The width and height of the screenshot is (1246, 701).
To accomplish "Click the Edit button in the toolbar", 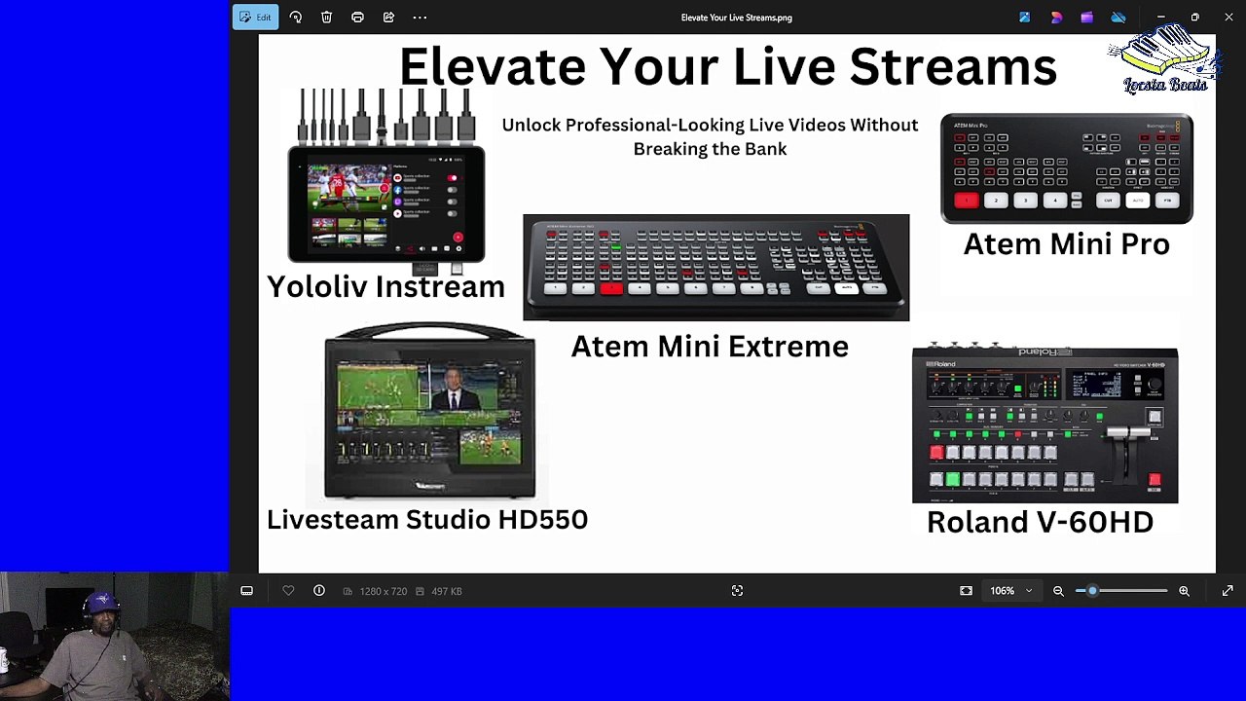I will click(x=255, y=18).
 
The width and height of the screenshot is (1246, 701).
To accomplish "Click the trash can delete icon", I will click(x=327, y=18).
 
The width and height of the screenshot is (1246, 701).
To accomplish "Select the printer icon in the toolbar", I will click(x=357, y=18).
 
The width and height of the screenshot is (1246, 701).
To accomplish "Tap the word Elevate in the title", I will click(x=491, y=66).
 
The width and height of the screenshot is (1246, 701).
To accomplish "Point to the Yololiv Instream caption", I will click(x=385, y=286).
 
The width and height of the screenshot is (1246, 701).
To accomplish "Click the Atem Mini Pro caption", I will click(x=1066, y=244).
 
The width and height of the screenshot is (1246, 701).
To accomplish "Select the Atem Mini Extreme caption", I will click(x=710, y=347).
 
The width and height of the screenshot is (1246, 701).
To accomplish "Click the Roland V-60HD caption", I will click(x=1040, y=522).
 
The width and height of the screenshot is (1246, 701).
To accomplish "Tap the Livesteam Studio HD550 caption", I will click(x=427, y=519).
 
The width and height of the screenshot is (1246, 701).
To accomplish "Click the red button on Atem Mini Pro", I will click(x=966, y=201).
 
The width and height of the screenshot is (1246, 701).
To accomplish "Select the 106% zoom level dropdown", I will click(x=1009, y=591).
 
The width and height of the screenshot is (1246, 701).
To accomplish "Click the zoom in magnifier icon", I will click(x=1184, y=591).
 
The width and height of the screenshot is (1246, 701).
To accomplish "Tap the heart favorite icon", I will click(x=288, y=591).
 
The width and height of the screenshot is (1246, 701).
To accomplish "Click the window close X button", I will click(x=1228, y=18).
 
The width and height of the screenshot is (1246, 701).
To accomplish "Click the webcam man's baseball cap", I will click(x=102, y=601).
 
